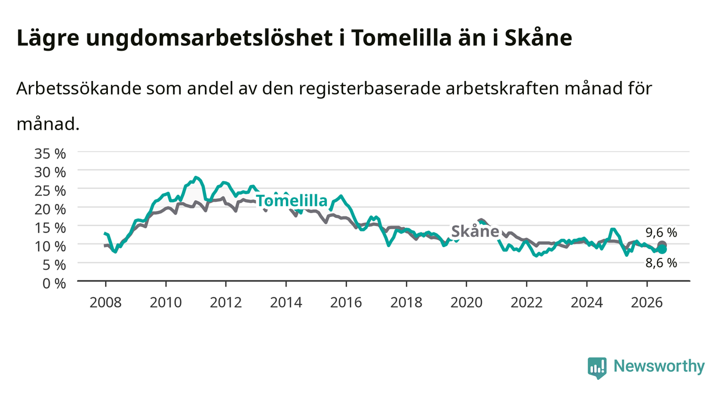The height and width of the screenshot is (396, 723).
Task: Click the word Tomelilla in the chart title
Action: click(400, 38)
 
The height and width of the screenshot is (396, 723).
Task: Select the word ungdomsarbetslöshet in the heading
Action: click(209, 39)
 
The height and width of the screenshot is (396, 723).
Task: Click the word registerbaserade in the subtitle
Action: click(370, 88)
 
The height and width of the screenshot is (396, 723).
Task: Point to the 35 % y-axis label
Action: click(50, 154)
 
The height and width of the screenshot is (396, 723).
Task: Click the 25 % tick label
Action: click(50, 191)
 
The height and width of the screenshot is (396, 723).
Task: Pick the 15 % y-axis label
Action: click(50, 228)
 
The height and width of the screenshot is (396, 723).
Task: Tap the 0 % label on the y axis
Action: click(54, 283)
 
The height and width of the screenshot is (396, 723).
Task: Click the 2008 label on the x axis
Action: click(105, 303)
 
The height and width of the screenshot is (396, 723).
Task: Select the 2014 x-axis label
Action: click(286, 303)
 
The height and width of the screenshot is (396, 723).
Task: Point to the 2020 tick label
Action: click(466, 303)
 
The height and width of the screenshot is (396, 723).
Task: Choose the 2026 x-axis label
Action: click(647, 303)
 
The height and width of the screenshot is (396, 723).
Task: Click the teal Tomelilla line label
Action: click(292, 201)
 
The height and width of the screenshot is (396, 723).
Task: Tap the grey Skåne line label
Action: click(475, 231)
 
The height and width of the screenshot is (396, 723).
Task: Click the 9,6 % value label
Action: click(661, 233)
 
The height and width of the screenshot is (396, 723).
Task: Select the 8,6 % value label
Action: click(661, 263)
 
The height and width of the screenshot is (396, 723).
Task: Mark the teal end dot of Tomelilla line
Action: click(662, 249)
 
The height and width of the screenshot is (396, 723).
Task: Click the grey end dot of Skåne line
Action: click(662, 244)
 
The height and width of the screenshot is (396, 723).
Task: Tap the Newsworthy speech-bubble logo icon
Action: click(597, 367)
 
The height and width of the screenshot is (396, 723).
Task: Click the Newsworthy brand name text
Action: click(659, 366)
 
